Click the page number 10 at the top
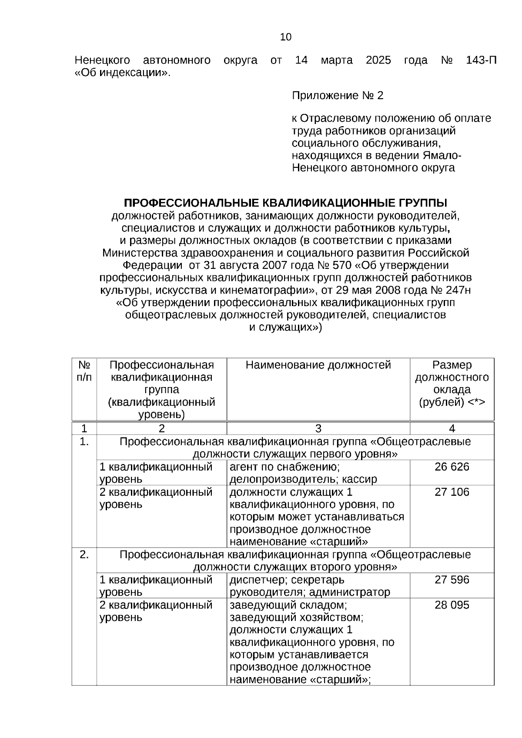click(x=286, y=37)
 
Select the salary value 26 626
click(x=452, y=467)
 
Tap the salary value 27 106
click(x=452, y=492)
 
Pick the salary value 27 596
click(x=452, y=580)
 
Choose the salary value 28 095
click(x=452, y=605)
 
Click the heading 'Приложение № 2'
click(x=338, y=96)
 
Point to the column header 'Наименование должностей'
click(x=318, y=365)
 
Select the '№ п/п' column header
click(x=84, y=371)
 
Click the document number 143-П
click(x=481, y=60)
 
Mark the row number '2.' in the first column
click(x=84, y=554)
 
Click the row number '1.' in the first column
click(x=84, y=442)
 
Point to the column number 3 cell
click(x=318, y=428)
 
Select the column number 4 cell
click(x=452, y=428)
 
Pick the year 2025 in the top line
click(x=378, y=60)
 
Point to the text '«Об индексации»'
click(x=123, y=73)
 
